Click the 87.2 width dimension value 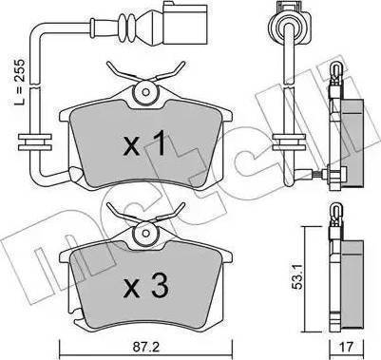(x=146, y=348)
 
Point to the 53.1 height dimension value (x=297, y=275)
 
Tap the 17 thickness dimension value (x=346, y=348)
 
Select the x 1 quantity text (x=144, y=144)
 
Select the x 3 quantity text (x=145, y=286)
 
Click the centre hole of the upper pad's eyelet (x=145, y=92)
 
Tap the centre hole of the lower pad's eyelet (x=145, y=233)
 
